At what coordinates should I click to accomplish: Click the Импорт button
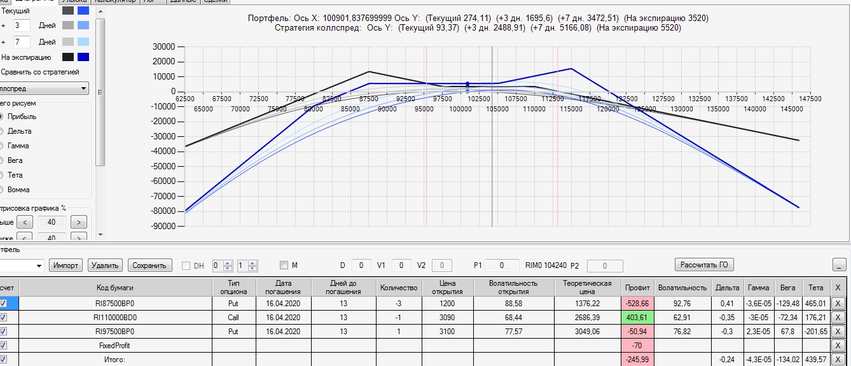tap(66, 265)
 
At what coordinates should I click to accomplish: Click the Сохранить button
tap(150, 265)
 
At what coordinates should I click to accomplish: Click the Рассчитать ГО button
tap(704, 265)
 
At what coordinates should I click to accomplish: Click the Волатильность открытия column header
tap(513, 287)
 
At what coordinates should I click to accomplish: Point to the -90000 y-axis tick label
tap(162, 226)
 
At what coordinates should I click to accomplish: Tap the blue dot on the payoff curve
tap(467, 83)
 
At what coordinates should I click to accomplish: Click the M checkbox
tap(284, 265)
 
